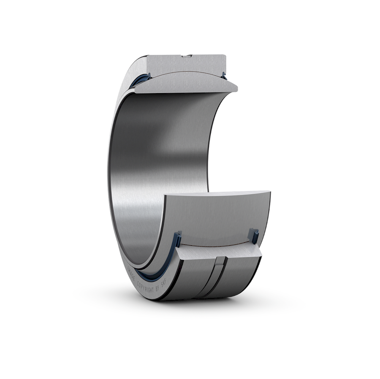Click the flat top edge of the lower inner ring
[215, 193]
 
